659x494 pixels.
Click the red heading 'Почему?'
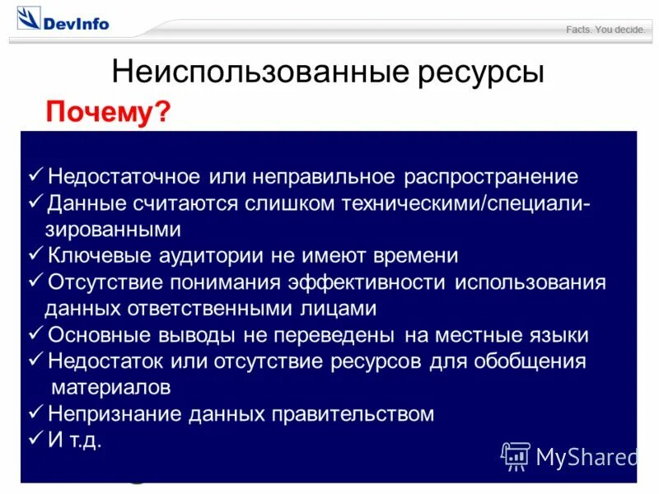[108, 111]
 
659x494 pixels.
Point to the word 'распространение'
[491, 177]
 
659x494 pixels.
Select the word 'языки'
[559, 335]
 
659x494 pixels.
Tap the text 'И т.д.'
[75, 440]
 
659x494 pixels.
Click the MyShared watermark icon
[516, 455]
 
